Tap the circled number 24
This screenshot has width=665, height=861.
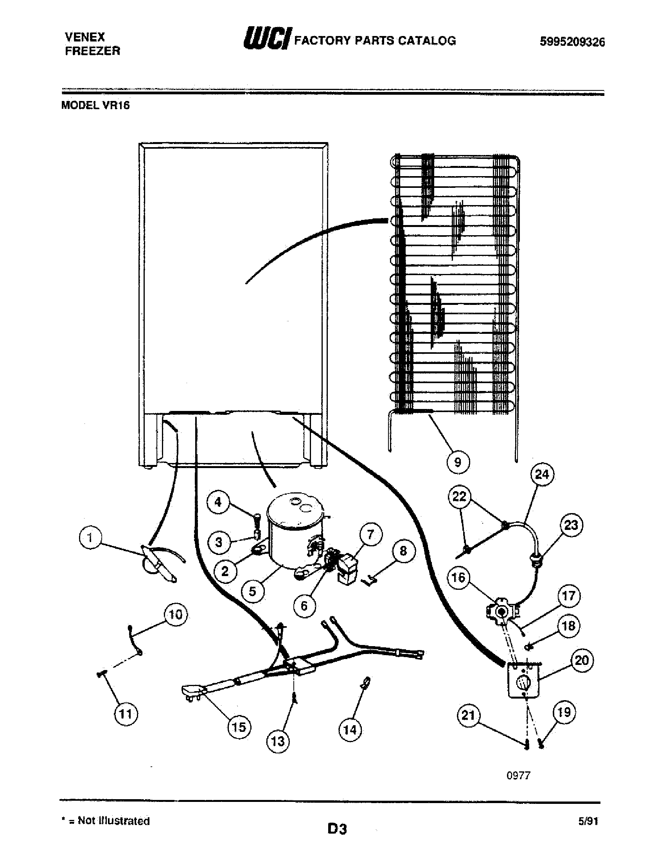pos(542,474)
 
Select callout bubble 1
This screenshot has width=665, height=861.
pos(90,538)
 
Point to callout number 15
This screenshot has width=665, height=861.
pos(239,727)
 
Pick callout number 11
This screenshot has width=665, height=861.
pos(126,713)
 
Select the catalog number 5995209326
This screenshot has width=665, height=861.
pos(572,42)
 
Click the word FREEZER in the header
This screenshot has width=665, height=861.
pos(93,51)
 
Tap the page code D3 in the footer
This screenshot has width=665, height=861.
pos(337,829)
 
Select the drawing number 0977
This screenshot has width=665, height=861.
pos(518,775)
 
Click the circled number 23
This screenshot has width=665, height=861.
pos(571,525)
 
